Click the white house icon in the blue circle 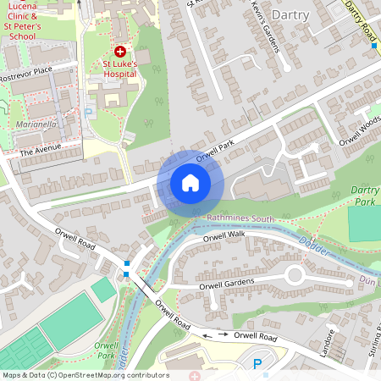(190, 182)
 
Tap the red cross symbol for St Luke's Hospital (119, 51)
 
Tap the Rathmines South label (241, 219)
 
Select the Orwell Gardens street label (226, 284)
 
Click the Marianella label (36, 124)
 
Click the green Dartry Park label (364, 196)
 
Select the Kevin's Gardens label (265, 25)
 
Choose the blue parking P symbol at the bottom (258, 364)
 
